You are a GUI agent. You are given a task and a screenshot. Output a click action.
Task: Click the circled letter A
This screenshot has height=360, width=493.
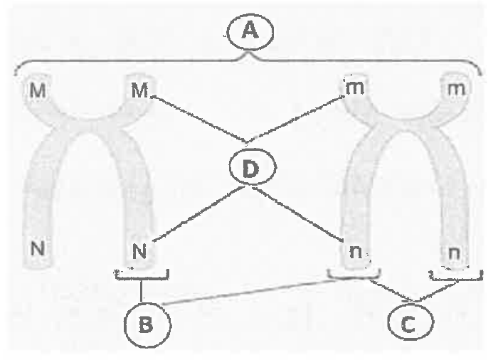(250, 32)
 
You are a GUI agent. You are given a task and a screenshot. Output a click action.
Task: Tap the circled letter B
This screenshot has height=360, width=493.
(147, 325)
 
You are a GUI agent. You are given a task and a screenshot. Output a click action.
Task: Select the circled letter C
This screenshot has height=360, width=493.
(411, 322)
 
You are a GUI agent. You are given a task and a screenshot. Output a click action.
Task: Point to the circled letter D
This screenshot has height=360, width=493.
(253, 167)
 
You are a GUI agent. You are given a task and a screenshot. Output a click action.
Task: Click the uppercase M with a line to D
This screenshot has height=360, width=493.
(139, 90)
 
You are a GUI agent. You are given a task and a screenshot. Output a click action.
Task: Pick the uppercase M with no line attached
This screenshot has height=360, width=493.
(38, 90)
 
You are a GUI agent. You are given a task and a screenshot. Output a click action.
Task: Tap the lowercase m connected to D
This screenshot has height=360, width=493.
(355, 88)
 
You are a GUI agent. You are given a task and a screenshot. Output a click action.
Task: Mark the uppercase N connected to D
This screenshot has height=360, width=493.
(139, 252)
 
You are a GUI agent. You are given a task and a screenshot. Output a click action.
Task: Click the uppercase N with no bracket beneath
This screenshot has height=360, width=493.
(38, 248)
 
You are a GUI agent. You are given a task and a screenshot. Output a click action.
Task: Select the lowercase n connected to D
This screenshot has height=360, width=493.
(356, 251)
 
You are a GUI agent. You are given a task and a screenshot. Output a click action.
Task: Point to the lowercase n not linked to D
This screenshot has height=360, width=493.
(455, 253)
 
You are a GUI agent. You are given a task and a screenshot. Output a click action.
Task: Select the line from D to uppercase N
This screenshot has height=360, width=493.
(198, 214)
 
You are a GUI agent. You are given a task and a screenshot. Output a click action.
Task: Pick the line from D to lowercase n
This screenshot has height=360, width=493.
(298, 214)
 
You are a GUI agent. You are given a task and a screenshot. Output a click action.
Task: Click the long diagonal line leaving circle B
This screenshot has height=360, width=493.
(250, 292)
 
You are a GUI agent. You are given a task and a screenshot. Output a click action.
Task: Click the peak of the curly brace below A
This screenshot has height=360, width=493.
(249, 52)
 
